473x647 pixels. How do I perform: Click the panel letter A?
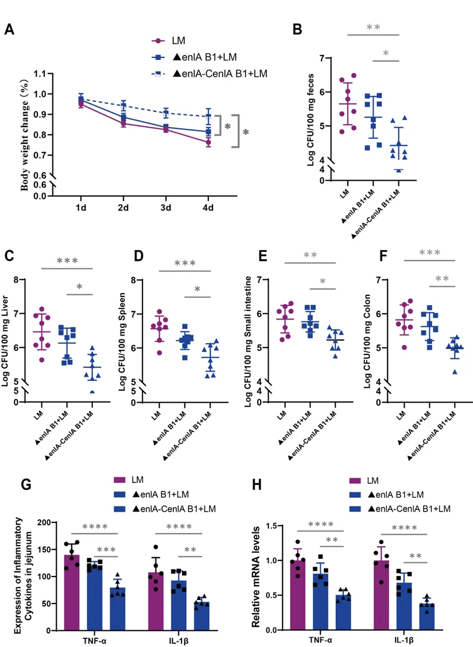point(10,30)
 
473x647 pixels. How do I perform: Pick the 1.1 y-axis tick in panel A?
point(40,74)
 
